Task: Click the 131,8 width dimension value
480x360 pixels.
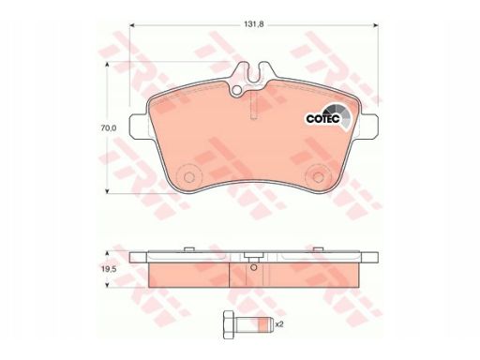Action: coord(254,24)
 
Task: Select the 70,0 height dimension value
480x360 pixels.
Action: coord(109,127)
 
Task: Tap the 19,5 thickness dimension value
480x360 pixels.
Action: coord(109,269)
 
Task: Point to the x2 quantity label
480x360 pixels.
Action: coord(279,324)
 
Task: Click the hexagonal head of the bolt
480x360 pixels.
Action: coord(229,324)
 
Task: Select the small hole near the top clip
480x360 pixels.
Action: coord(237,90)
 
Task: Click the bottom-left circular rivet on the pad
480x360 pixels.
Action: coord(188,177)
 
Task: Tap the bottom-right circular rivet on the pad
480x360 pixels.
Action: coord(318,177)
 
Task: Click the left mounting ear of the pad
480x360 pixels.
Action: coord(139,126)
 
